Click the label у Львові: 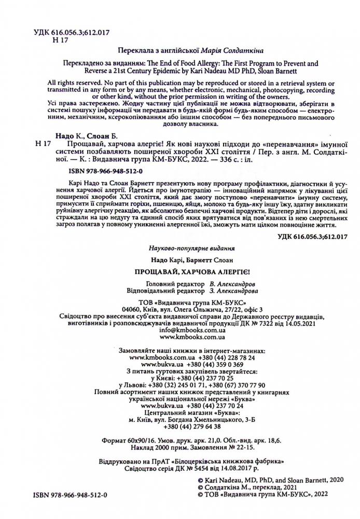click(x=133, y=385)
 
